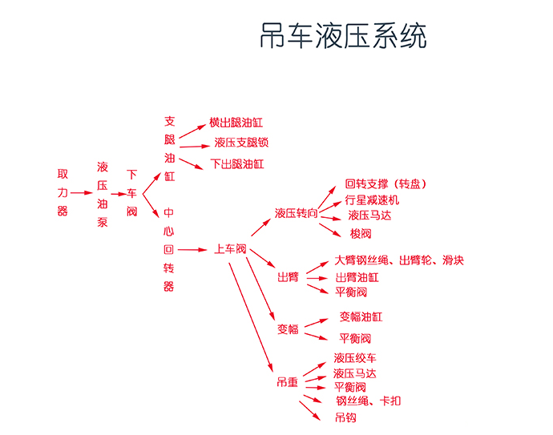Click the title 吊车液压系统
click(343, 35)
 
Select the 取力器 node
click(63, 192)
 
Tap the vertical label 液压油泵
click(103, 194)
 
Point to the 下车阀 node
click(131, 193)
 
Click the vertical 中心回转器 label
click(168, 250)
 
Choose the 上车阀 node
click(230, 249)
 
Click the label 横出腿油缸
click(236, 123)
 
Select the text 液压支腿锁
click(241, 143)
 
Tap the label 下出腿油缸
click(237, 164)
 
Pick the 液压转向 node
click(297, 213)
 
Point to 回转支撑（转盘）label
click(385, 183)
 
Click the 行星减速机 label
click(372, 200)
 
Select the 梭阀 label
click(361, 233)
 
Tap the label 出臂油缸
click(357, 277)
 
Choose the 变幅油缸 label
click(361, 316)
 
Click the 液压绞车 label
click(355, 358)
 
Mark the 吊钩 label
click(345, 417)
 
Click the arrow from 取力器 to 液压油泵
click(82, 193)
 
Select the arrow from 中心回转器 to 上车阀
click(192, 250)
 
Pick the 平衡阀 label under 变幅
click(355, 338)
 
